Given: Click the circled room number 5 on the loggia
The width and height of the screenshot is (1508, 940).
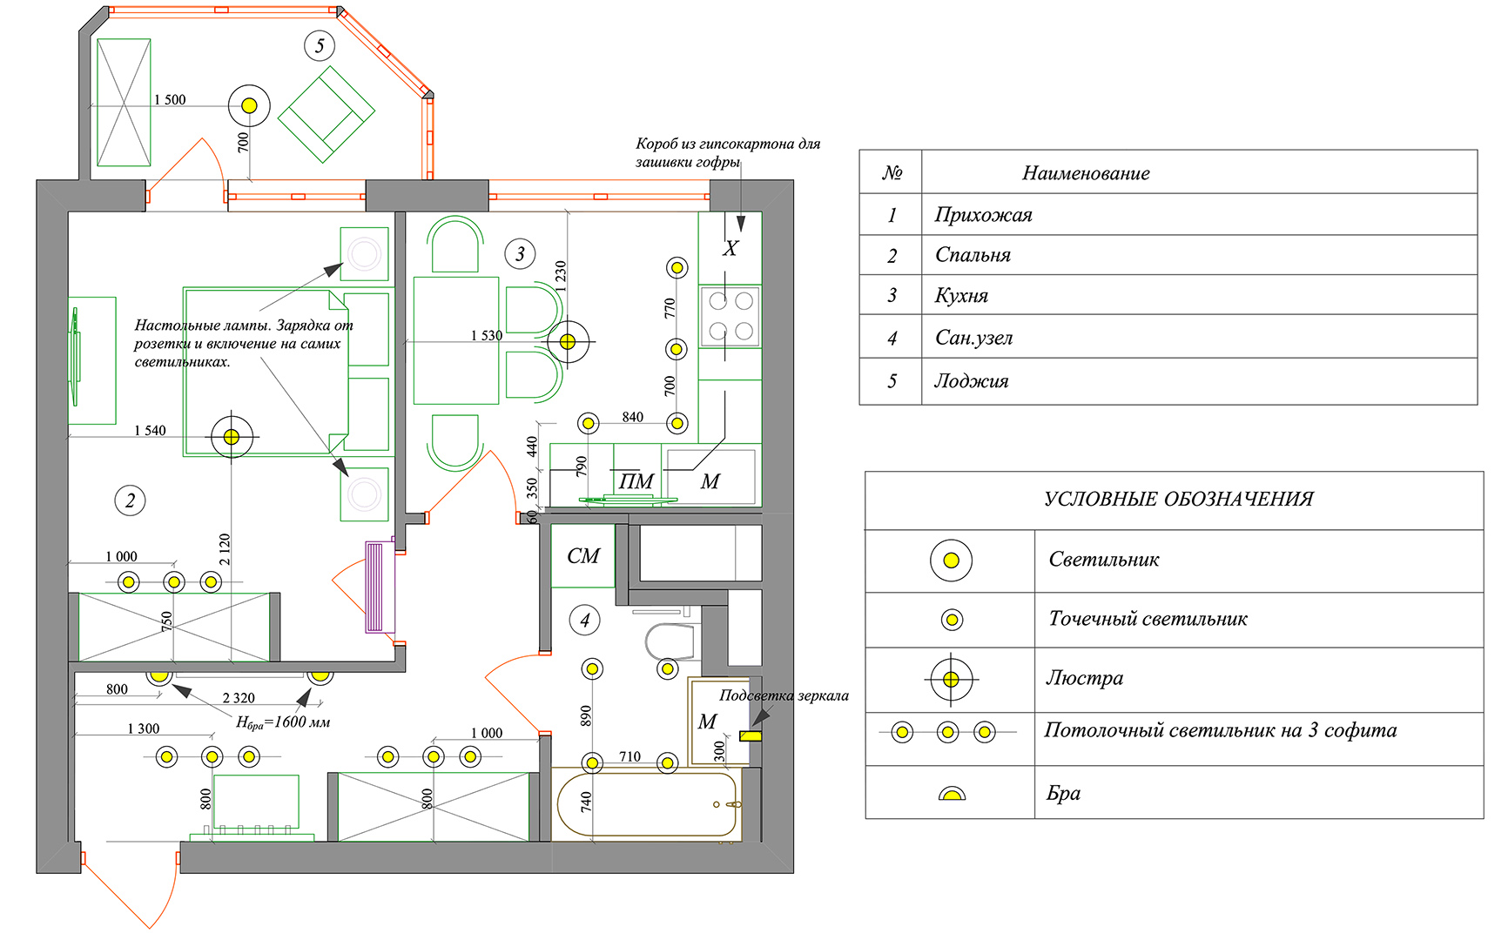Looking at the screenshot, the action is (320, 45).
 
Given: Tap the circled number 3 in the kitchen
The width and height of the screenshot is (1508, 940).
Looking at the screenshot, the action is (520, 254).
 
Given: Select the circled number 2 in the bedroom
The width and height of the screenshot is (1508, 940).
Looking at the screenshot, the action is (130, 500).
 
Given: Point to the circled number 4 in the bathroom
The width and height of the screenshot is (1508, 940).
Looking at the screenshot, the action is (584, 621).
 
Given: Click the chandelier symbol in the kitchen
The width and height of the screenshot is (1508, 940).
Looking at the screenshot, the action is (568, 342).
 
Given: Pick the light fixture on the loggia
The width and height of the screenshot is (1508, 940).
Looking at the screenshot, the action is (249, 105).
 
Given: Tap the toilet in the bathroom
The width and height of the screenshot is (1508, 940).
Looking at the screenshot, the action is (670, 642).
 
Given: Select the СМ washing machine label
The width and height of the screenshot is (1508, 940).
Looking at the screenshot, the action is (583, 556).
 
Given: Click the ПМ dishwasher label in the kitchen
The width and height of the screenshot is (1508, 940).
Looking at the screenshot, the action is (636, 481).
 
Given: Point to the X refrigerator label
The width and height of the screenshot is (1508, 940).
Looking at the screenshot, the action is (730, 248).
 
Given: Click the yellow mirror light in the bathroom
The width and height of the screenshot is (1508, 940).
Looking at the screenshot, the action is (751, 735).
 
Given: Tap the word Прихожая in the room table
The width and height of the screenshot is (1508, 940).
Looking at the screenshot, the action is (984, 215).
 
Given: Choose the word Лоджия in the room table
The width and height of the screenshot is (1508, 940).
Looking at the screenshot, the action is (972, 381).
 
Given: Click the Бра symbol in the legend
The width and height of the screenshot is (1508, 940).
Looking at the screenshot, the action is (952, 794).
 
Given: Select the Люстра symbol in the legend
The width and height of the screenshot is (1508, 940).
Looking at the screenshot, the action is (951, 679).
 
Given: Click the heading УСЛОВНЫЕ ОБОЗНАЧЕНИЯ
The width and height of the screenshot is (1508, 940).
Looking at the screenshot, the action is (1179, 500).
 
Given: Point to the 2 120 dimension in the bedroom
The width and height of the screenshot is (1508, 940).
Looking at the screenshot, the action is (226, 549).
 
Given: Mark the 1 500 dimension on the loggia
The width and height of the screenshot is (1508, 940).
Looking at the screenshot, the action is (170, 100).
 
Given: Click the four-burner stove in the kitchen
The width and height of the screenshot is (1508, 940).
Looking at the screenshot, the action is (730, 316).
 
